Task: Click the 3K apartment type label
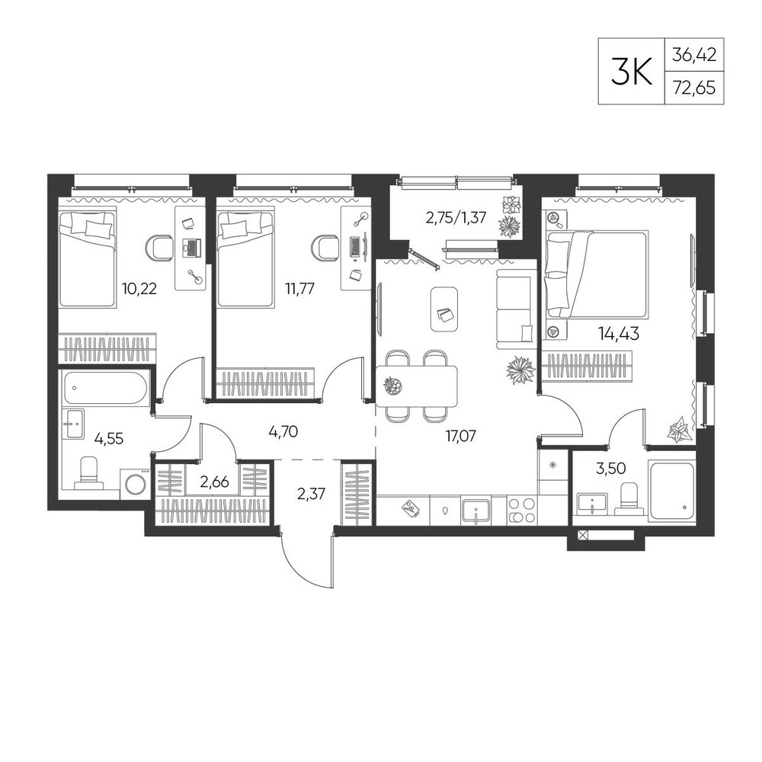(631, 71)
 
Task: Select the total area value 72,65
(694, 88)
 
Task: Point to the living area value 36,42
(694, 54)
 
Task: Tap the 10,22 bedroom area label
(139, 289)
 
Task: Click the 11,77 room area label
(299, 289)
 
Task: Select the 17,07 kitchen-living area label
(461, 436)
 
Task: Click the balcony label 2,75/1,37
(456, 217)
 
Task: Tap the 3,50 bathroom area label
(610, 469)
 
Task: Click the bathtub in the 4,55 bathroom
(105, 387)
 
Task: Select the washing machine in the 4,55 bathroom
(136, 484)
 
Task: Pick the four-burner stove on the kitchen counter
(522, 511)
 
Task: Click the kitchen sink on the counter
(476, 511)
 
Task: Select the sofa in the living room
(516, 309)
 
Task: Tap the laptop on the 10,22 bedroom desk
(191, 248)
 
